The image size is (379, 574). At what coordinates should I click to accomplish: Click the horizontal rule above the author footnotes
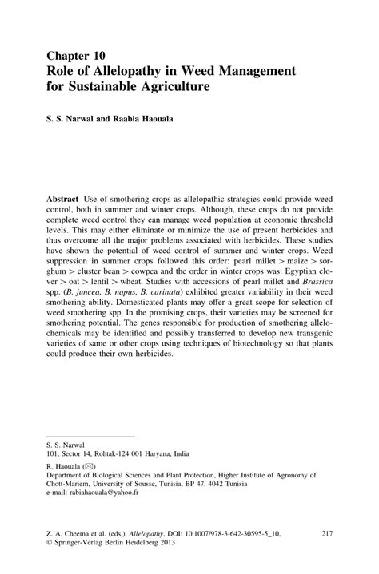pos(89,435)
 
